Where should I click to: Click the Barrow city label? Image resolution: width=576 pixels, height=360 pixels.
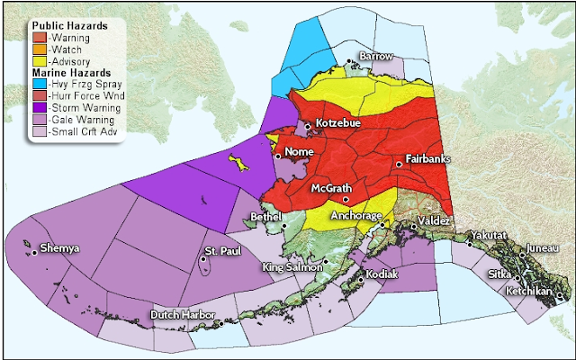[376, 56]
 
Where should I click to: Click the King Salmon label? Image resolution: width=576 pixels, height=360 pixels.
[292, 267]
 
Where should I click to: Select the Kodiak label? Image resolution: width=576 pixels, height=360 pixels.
[382, 273]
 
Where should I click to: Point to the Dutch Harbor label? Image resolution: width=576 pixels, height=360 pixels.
[180, 316]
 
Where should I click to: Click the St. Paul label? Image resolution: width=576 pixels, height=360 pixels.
[221, 249]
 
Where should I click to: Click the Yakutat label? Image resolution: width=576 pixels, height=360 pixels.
[489, 235]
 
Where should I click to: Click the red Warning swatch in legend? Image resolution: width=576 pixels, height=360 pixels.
[40, 38]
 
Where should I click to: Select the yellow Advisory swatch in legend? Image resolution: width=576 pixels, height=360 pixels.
[40, 60]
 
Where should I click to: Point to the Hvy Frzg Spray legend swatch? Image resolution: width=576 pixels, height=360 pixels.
[40, 82]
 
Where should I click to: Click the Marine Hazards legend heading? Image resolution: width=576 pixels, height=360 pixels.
[72, 71]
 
